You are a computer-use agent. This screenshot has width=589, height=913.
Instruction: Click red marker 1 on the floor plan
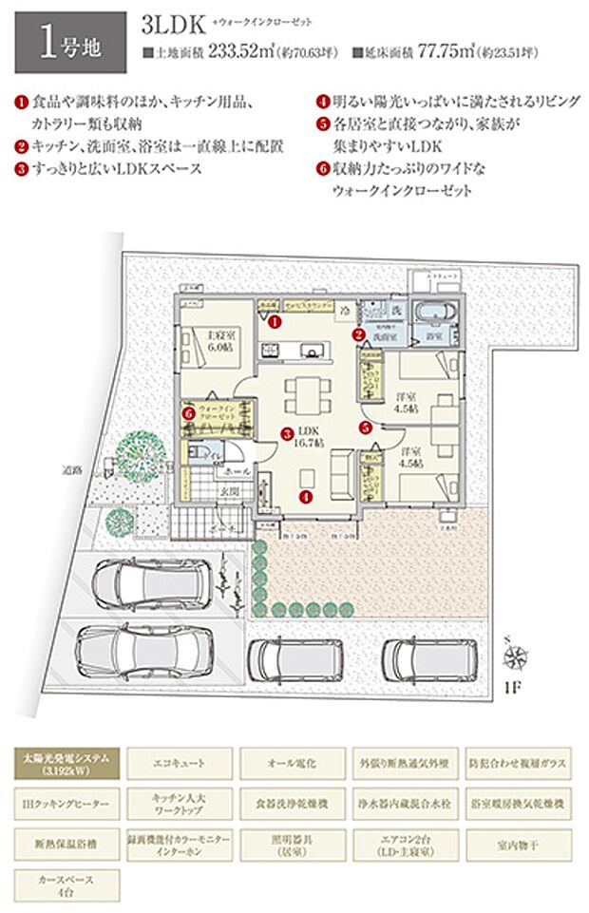(x=274, y=322)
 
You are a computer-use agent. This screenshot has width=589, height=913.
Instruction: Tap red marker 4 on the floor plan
(x=306, y=494)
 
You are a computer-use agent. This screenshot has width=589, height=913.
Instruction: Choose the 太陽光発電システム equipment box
(x=66, y=762)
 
